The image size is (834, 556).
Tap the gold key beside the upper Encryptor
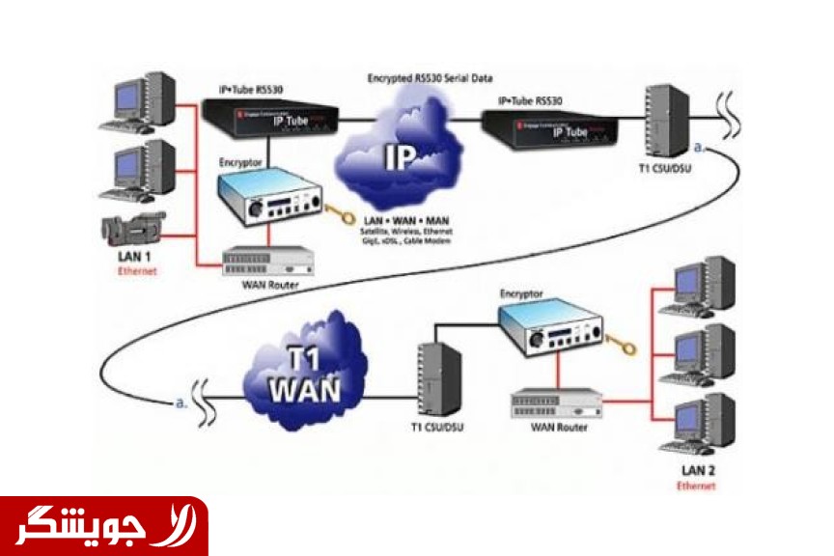coord(340,211)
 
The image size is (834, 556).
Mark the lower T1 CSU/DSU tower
coord(438,380)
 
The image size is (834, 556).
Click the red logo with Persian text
coord(103,525)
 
